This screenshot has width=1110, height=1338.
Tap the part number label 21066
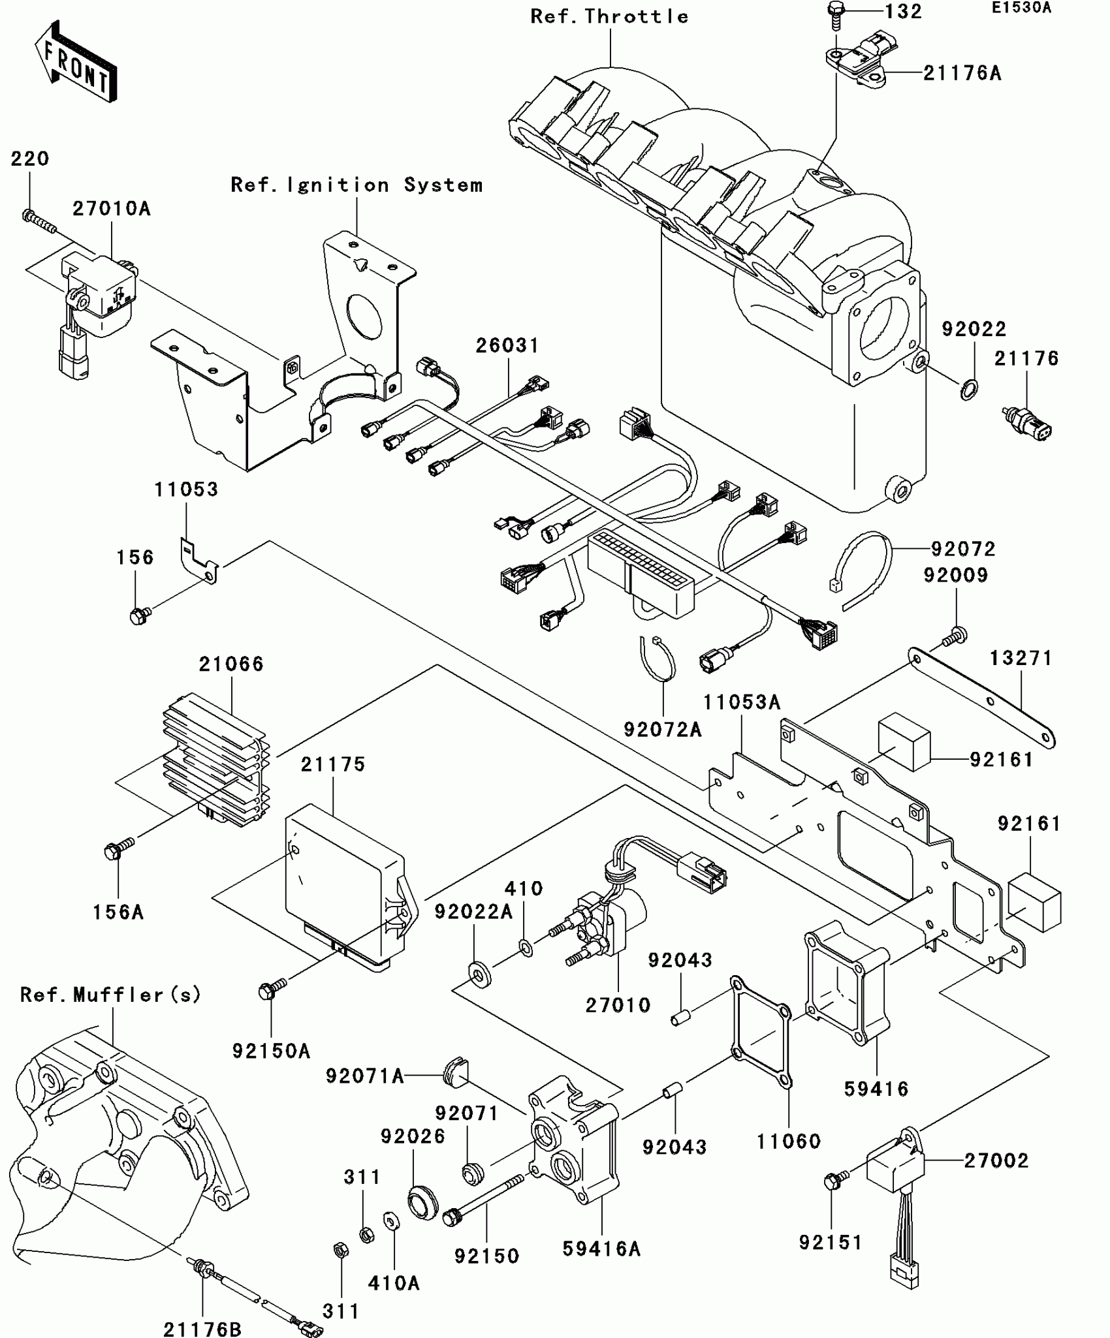pyautogui.click(x=231, y=664)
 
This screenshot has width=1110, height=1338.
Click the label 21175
pyautogui.click(x=333, y=764)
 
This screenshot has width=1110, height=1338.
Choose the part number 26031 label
pyautogui.click(x=507, y=345)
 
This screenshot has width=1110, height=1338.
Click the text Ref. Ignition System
pyautogui.click(x=357, y=185)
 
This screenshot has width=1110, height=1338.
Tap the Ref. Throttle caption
pyautogui.click(x=609, y=16)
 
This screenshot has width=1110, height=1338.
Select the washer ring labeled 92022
pyautogui.click(x=969, y=390)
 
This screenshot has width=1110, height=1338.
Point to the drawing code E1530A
pyautogui.click(x=1021, y=8)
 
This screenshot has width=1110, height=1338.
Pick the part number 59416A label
pyautogui.click(x=601, y=1249)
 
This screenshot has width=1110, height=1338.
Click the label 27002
pyautogui.click(x=996, y=1160)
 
